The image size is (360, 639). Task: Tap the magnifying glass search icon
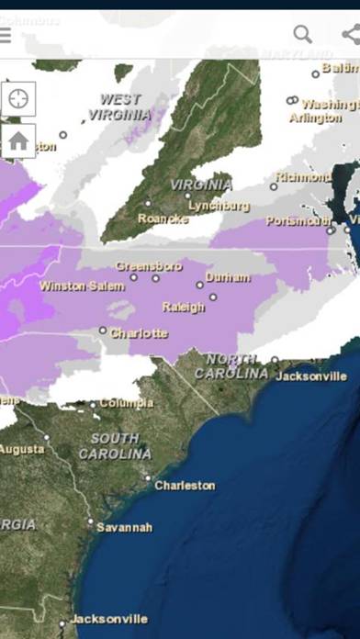[x=302, y=34]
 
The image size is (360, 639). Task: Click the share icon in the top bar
[x=350, y=34]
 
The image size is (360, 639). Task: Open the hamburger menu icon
[x=6, y=35]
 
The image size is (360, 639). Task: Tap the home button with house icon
[x=18, y=140]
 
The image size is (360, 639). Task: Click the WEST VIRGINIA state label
[x=120, y=106]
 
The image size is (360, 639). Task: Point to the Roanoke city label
[x=163, y=219]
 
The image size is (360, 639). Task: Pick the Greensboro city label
[x=149, y=266]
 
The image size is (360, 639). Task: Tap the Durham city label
[x=227, y=276]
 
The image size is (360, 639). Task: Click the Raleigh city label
[x=183, y=307]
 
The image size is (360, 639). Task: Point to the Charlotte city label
[x=139, y=333]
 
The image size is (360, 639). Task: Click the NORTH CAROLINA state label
[x=237, y=366]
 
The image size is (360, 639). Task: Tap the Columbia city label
[x=126, y=403]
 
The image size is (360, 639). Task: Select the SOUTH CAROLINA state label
[x=115, y=446]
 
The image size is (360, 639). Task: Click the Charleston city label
[x=185, y=485]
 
